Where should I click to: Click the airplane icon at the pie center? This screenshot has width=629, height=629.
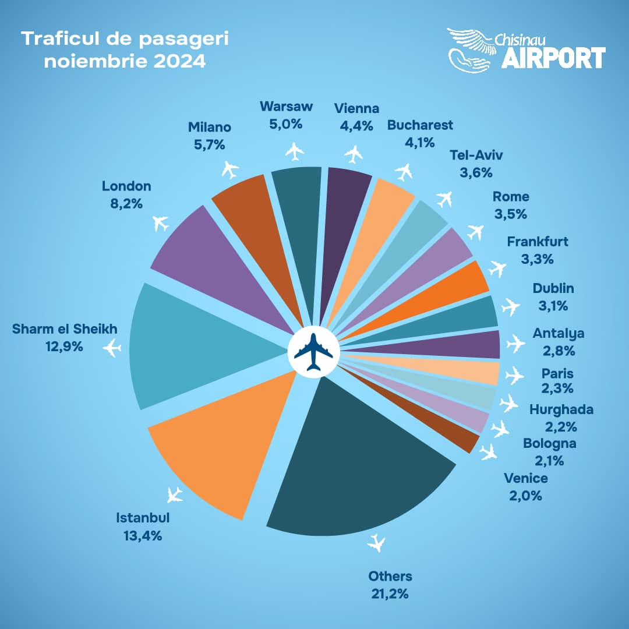click(x=313, y=351)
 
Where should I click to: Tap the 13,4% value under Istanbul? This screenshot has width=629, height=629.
click(x=139, y=535)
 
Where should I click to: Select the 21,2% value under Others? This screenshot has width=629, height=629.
click(x=390, y=594)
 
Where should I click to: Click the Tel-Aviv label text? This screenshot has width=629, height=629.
click(x=476, y=155)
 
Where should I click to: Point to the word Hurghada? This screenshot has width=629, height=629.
click(x=561, y=409)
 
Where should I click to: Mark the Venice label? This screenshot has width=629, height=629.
click(x=526, y=479)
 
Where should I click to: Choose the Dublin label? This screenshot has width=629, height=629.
click(x=553, y=288)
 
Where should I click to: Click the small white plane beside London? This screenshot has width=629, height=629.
click(x=161, y=222)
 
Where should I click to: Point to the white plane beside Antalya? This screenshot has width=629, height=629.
click(x=515, y=343)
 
